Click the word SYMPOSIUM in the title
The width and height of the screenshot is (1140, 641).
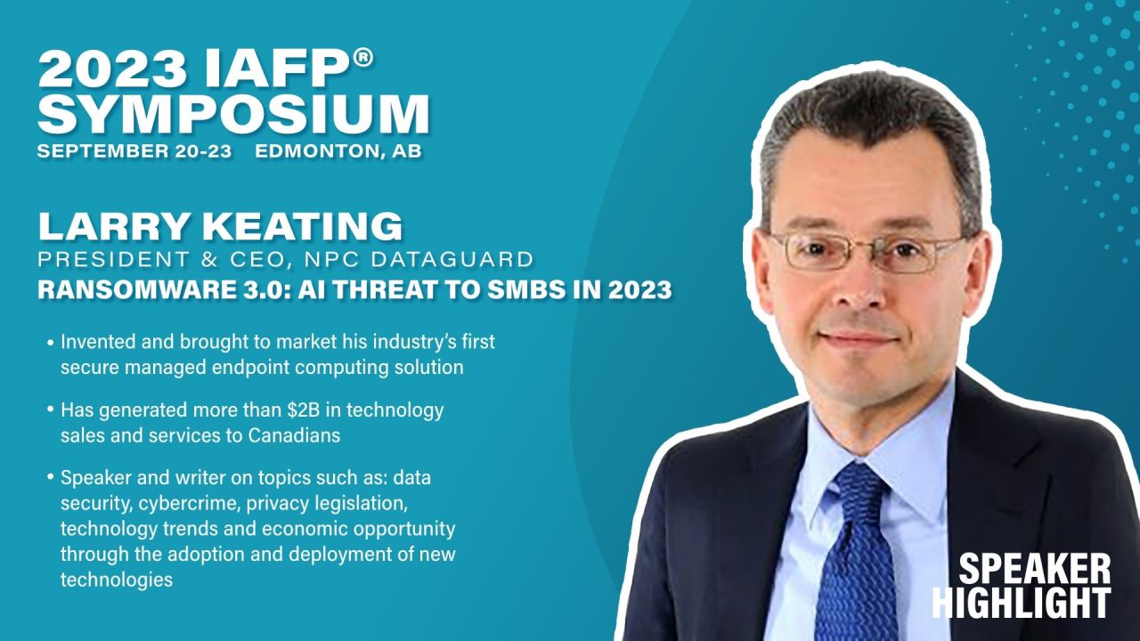(233, 114)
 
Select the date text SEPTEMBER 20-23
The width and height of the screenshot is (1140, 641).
(134, 151)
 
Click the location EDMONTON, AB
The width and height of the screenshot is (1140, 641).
(338, 151)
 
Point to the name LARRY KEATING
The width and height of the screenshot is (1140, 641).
(220, 227)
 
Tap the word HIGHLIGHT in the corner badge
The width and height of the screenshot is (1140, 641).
(1022, 603)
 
